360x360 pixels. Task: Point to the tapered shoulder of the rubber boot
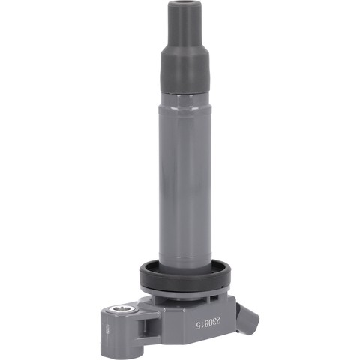[180, 50]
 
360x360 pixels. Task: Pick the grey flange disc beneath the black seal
[186, 295]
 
